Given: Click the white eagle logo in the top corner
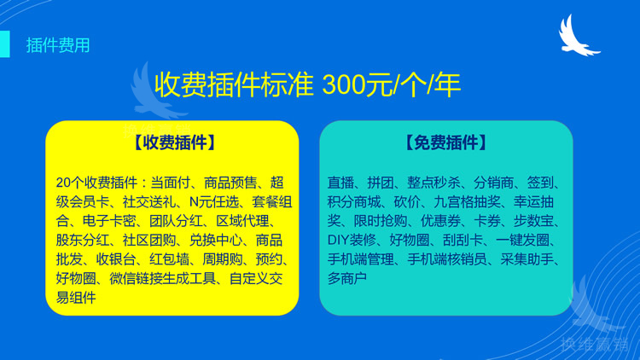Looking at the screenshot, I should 579,35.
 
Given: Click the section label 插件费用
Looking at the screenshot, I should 57,45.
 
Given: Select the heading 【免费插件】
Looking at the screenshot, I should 446,142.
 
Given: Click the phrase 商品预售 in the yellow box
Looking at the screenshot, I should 230,183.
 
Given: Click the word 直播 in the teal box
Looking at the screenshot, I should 340,183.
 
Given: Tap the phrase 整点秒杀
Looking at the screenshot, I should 433,183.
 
